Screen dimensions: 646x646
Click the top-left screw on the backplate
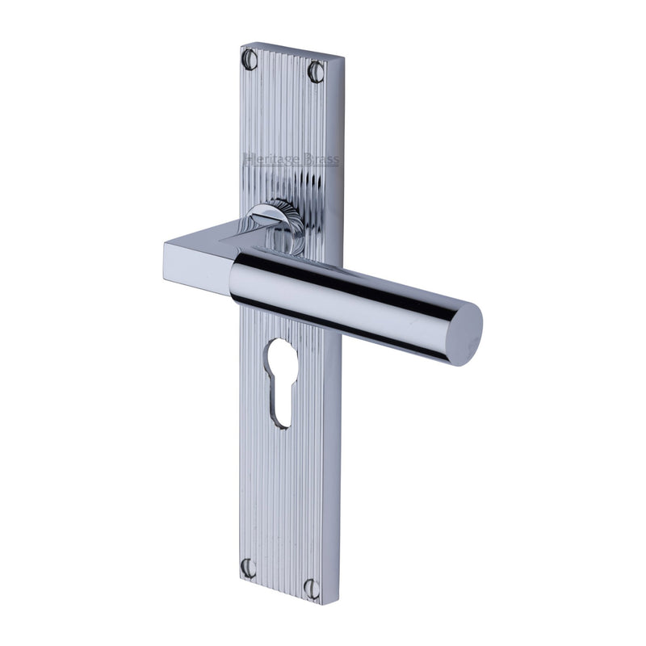250,58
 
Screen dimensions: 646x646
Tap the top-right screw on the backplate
315,72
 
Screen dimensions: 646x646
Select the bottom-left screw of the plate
250,567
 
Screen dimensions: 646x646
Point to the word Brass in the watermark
320,160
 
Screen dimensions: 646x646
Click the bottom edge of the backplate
283,595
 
